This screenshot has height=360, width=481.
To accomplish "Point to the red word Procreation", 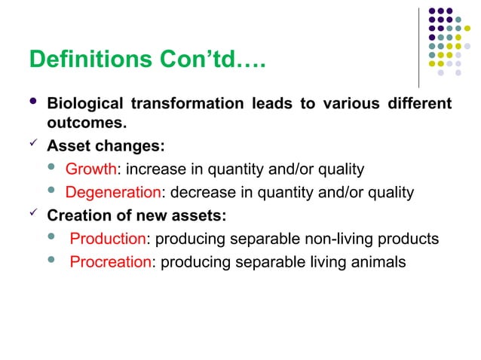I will [x=111, y=263].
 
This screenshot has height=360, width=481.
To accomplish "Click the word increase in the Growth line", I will [x=150, y=169].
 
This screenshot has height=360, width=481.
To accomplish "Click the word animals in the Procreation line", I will [x=379, y=263].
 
